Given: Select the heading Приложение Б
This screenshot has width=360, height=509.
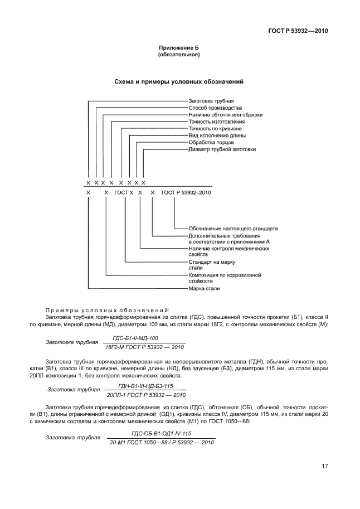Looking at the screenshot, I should point(179,48).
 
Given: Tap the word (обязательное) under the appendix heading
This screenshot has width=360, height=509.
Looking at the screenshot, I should point(179,55).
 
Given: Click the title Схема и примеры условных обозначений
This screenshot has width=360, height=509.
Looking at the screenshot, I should point(179,82).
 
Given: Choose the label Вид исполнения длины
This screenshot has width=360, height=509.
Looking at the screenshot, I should point(217,135).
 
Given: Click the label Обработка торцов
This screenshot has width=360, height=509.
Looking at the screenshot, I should point(211,142).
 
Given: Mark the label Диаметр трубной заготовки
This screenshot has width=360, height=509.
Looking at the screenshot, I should point(222,149).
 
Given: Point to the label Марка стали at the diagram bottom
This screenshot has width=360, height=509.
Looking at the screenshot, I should point(205,289).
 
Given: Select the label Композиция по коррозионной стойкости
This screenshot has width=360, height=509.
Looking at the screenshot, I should point(225,278).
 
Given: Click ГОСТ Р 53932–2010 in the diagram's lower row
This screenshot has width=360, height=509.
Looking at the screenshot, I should point(186,192).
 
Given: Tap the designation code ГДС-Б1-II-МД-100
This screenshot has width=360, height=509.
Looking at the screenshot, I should point(135,338).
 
